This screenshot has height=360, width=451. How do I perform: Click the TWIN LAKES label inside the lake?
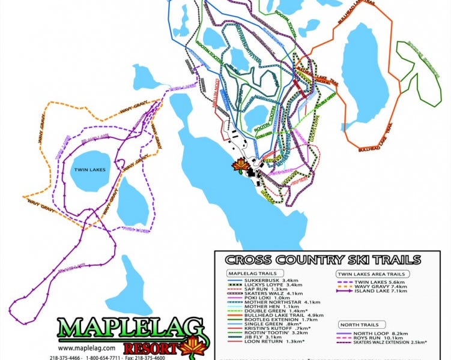[x=90, y=170]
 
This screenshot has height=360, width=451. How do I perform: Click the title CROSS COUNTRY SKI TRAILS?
[x=323, y=260]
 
